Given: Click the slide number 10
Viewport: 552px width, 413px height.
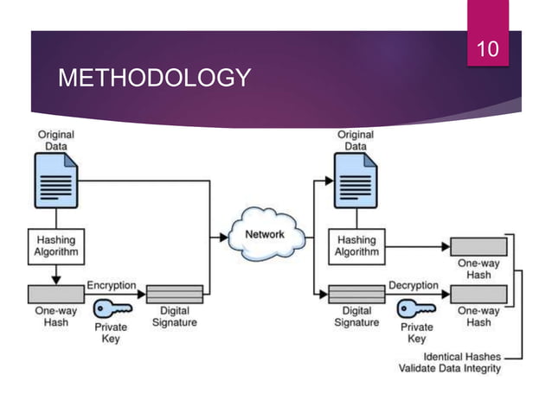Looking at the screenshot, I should [x=489, y=49].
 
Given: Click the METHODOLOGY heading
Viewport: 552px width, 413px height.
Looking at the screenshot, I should [x=154, y=79].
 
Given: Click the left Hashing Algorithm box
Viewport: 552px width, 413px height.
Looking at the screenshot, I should [x=56, y=245].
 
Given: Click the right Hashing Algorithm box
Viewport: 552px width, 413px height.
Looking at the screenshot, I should [x=356, y=245].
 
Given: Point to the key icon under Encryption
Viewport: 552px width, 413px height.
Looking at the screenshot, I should [x=112, y=307].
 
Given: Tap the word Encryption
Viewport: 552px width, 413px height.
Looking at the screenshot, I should [x=110, y=284].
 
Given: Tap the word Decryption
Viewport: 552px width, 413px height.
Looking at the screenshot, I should [x=414, y=284].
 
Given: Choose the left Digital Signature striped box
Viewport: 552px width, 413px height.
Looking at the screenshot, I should [x=175, y=294].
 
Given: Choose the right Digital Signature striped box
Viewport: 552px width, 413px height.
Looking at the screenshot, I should [x=356, y=294].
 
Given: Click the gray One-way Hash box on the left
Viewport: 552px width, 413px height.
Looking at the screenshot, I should [x=56, y=294].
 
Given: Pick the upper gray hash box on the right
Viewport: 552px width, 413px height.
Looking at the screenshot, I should [x=478, y=246].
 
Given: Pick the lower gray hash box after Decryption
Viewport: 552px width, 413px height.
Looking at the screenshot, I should [x=478, y=294].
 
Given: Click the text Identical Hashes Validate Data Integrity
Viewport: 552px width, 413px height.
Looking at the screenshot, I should [x=449, y=362].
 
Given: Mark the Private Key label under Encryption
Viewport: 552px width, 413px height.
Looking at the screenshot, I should [x=111, y=333].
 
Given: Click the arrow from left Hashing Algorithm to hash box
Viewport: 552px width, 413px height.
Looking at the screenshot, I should [x=56, y=273].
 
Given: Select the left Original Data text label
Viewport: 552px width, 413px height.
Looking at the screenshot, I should [x=55, y=141].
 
